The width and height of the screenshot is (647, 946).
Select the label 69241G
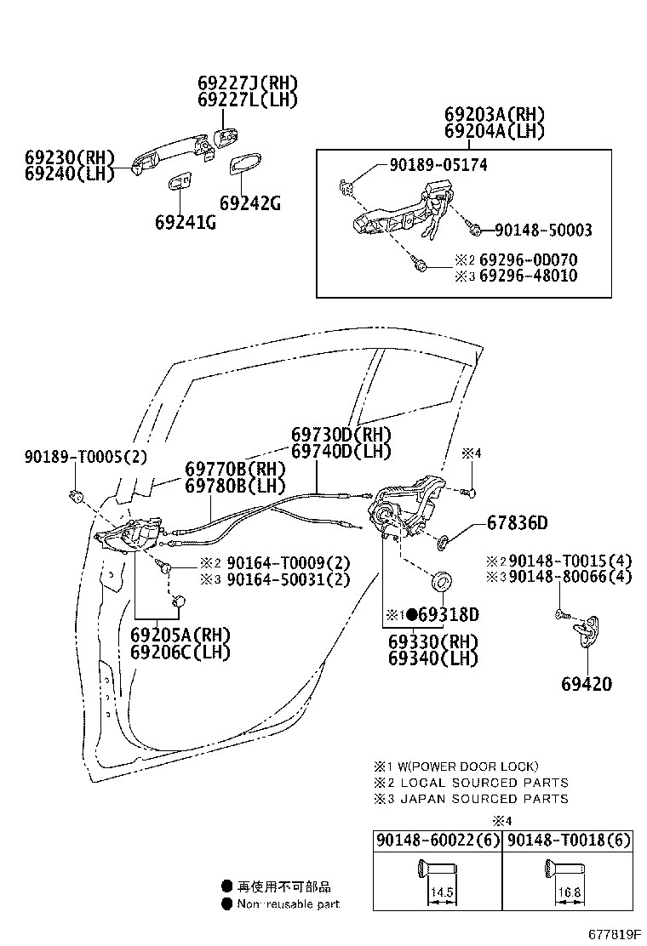[x=186, y=222]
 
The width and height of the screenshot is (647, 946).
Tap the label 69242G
[x=249, y=203]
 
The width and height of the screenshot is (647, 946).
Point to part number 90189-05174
[x=427, y=165]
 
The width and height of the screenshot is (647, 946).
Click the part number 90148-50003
[x=542, y=231]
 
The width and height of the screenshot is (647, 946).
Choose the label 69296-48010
[x=527, y=276]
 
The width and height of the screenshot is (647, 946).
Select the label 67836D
[x=517, y=522]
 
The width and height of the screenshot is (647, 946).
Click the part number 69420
[x=586, y=684]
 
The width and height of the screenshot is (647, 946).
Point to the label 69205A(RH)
[x=180, y=635]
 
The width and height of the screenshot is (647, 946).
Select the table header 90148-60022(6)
[x=438, y=841]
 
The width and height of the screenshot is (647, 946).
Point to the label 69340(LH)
[x=432, y=658]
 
